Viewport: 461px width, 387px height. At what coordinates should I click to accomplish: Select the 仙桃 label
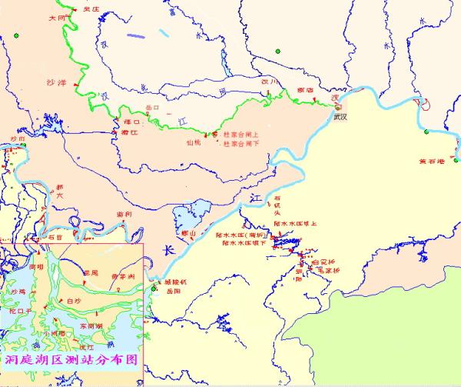click(x=193, y=142)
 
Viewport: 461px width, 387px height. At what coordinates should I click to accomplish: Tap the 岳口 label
click(x=152, y=108)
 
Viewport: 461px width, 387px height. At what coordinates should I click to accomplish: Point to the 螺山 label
click(x=187, y=232)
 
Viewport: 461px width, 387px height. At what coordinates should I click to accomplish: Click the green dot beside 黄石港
click(x=425, y=135)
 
